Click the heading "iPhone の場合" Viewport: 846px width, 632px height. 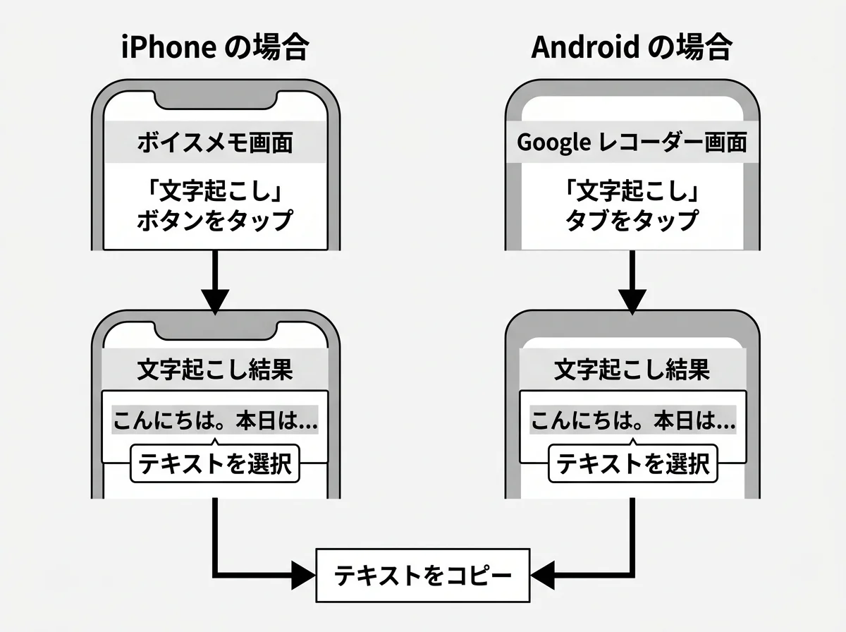point(215,48)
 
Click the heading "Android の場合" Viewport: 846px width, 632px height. point(632,48)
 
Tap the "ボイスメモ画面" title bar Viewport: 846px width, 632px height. point(215,143)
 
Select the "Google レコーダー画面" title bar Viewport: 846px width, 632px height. point(632,143)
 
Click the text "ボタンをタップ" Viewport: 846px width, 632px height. point(215,220)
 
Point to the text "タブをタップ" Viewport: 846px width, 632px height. point(632,220)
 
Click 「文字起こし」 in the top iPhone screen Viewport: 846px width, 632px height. point(215,191)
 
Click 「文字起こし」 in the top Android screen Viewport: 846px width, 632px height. point(632,191)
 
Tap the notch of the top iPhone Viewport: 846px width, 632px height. point(215,99)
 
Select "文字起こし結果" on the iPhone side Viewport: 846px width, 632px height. point(215,370)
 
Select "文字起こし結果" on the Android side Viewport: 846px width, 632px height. point(632,370)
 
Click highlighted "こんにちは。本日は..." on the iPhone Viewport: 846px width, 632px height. point(215,422)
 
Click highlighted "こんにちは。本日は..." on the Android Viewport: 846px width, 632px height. point(632,422)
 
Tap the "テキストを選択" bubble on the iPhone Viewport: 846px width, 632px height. point(215,463)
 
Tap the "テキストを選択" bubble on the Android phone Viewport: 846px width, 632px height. point(632,463)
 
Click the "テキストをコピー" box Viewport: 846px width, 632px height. point(422,575)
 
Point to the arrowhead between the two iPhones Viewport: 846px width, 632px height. point(215,300)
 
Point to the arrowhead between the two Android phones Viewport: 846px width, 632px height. point(632,300)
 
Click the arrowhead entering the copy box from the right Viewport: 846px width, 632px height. point(545,575)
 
